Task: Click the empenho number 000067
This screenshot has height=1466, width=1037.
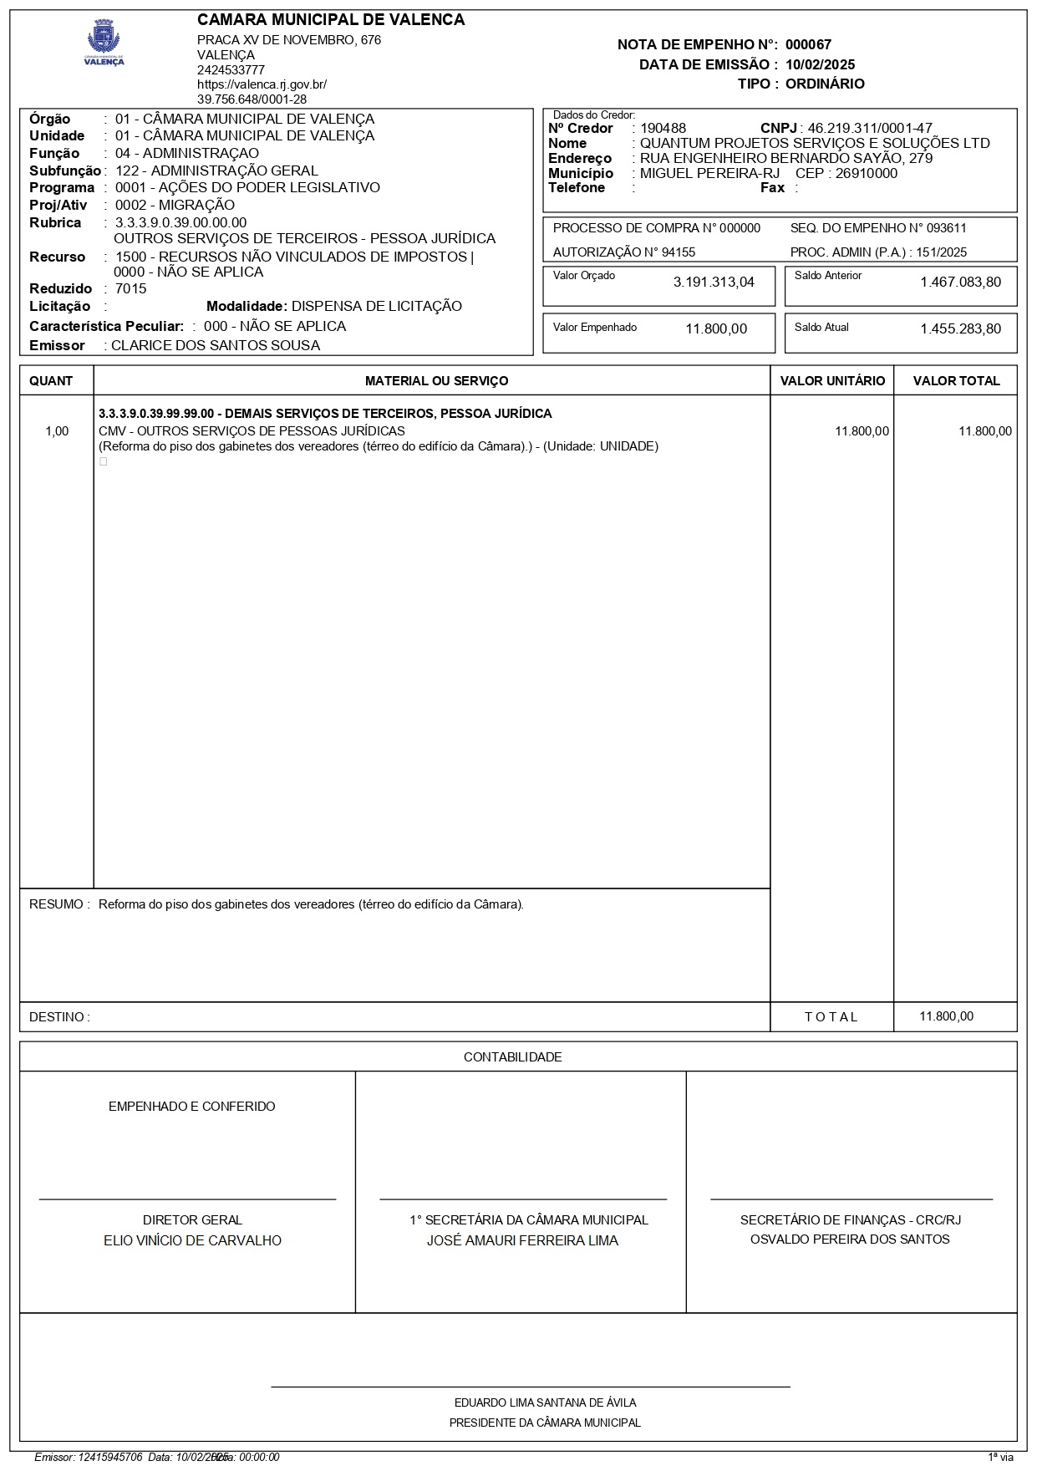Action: (x=808, y=45)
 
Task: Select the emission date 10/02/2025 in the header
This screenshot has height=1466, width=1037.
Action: (x=820, y=64)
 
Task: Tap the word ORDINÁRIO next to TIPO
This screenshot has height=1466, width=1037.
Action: (x=825, y=84)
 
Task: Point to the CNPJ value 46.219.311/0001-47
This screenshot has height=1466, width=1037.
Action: (x=869, y=129)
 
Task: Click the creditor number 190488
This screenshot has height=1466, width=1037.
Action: (x=663, y=129)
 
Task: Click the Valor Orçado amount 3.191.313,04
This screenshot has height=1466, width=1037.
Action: (x=714, y=283)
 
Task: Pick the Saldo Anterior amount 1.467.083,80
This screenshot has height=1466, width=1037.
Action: (x=960, y=283)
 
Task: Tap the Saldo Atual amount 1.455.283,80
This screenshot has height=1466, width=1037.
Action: (x=960, y=329)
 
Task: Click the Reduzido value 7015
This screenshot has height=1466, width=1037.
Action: (x=131, y=289)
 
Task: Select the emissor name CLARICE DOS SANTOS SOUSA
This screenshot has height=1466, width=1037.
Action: (x=216, y=346)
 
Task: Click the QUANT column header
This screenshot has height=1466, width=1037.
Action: (x=51, y=381)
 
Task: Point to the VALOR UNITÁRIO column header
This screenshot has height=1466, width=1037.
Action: (x=832, y=381)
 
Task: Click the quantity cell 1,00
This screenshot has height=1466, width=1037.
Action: (x=57, y=431)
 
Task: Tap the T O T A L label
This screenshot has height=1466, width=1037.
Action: (x=831, y=1017)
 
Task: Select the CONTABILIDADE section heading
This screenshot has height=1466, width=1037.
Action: (x=512, y=1057)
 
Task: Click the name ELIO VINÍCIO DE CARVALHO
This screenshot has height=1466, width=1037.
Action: (x=192, y=1241)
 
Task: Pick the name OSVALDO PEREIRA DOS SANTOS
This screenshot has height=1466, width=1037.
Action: (x=850, y=1239)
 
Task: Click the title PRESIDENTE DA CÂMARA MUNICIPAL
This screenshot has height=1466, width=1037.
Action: (x=545, y=1423)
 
